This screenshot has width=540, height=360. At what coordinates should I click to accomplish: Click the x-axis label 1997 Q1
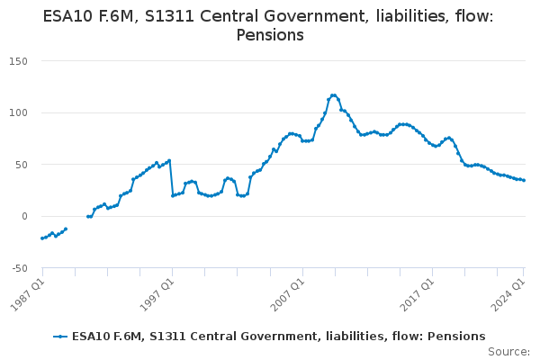click(158, 292)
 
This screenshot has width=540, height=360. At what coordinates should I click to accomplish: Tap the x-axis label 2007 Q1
click(289, 292)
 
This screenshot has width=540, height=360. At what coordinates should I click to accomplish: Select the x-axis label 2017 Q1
click(419, 292)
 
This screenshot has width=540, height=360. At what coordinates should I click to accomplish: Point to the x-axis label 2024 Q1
click(510, 292)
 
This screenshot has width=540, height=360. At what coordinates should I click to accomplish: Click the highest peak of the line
click(333, 94)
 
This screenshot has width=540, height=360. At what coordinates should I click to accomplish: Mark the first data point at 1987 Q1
click(41, 238)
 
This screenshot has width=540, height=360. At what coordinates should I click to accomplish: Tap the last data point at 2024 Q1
click(525, 180)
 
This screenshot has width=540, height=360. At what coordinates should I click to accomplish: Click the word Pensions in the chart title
click(270, 35)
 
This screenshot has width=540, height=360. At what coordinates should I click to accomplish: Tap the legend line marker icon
click(60, 336)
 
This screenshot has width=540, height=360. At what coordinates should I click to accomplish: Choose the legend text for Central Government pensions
click(278, 336)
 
